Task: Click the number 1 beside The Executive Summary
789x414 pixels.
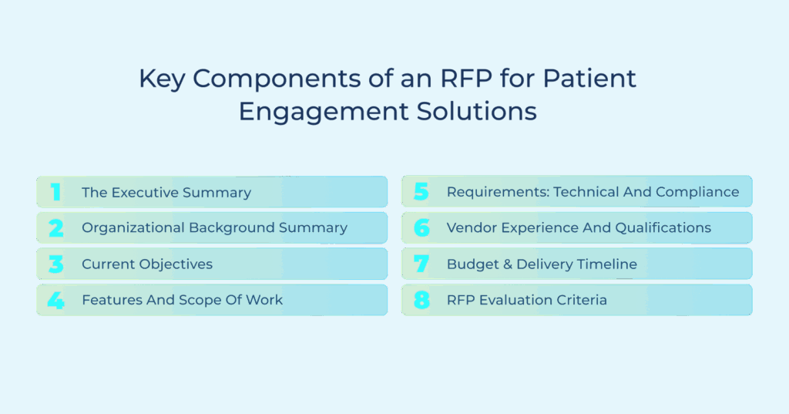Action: pos(55,192)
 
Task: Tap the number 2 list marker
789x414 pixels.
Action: pos(55,228)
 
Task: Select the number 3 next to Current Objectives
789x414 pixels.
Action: pos(55,264)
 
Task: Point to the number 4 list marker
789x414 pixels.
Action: pos(55,300)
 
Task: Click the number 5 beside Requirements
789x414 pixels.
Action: pos(421,191)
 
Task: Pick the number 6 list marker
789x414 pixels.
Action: pos(421,227)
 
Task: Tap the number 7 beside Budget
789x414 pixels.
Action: pos(421,264)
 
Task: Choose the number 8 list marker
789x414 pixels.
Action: pos(421,300)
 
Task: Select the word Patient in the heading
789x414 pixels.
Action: pos(589,79)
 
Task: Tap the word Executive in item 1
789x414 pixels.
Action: pos(145,193)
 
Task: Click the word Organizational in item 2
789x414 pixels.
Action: pos(133,227)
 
